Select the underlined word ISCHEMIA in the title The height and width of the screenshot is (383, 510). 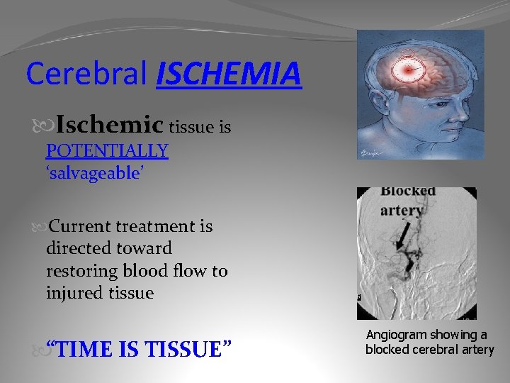pos(229,74)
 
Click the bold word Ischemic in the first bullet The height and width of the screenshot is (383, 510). pos(110,126)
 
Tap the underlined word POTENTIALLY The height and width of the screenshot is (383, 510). pos(107,150)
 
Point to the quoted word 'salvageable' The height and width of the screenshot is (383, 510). pos(96,174)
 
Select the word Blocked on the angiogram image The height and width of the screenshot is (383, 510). pos(407,191)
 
